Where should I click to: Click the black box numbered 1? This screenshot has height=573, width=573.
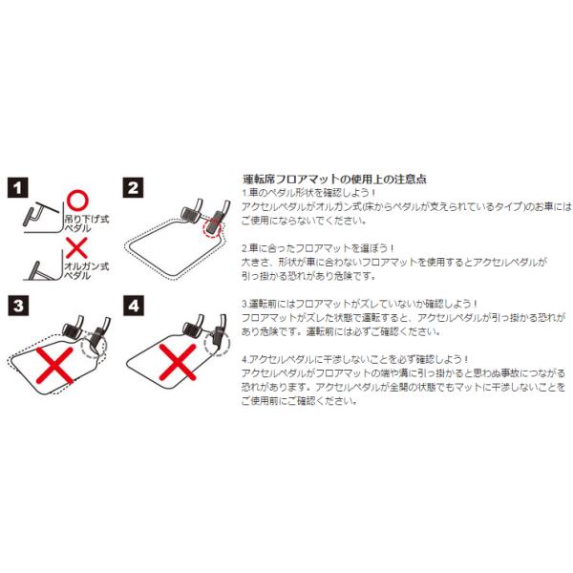[x=19, y=187]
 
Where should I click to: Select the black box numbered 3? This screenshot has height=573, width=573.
[x=19, y=307]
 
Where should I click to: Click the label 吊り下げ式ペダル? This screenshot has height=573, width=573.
[x=87, y=224]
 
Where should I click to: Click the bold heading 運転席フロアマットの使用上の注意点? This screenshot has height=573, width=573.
[x=334, y=179]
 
